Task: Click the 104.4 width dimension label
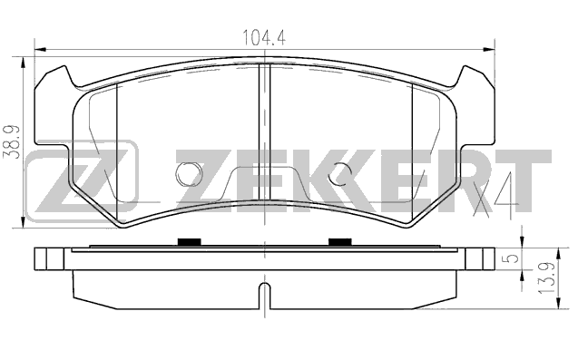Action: (263, 37)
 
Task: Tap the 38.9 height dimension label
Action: (12, 141)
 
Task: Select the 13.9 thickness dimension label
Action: (546, 278)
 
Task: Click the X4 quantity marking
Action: (495, 195)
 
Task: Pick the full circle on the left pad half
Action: (189, 174)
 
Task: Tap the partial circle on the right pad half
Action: (341, 174)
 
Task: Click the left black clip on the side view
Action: (189, 242)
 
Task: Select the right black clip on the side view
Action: (340, 242)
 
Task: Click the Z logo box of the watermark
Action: (82, 181)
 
